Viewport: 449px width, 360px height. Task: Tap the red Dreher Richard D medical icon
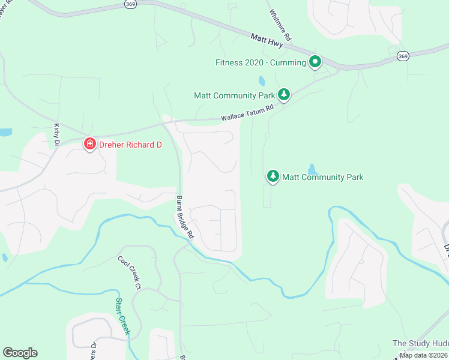pyautogui.click(x=89, y=143)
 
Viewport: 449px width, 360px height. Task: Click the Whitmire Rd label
pyautogui.click(x=280, y=25)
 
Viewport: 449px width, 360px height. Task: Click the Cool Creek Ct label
pyautogui.click(x=129, y=271)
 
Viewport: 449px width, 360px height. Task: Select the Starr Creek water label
pyautogui.click(x=122, y=315)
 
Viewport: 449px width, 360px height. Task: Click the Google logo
pyautogui.click(x=20, y=353)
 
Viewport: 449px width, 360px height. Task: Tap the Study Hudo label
pyautogui.click(x=420, y=343)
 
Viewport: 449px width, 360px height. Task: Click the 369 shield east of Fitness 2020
pyautogui.click(x=403, y=56)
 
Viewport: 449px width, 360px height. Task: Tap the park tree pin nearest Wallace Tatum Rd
pyautogui.click(x=284, y=94)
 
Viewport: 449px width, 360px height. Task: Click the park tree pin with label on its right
pyautogui.click(x=273, y=176)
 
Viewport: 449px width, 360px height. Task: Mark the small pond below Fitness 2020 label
pyautogui.click(x=262, y=80)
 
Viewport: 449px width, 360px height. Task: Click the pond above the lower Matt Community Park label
pyautogui.click(x=311, y=169)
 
